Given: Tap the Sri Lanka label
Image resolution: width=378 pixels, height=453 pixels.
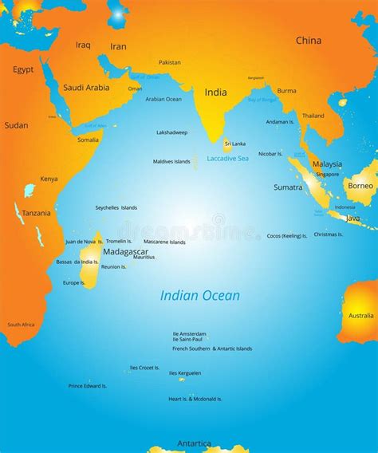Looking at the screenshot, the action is coord(234,144).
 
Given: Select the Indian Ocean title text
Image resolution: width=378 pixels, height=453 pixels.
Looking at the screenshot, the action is coord(199,296).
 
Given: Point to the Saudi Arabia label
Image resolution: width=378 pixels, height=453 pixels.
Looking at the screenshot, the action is coord(86,88).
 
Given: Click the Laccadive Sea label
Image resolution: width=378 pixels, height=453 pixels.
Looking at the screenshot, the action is coord(227,158).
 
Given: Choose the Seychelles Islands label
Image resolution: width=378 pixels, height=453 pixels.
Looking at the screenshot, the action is coord(116,207).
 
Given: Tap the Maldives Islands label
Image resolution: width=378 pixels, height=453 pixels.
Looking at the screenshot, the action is coord(171,161).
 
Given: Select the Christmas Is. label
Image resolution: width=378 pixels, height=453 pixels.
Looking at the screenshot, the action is coord(328,234).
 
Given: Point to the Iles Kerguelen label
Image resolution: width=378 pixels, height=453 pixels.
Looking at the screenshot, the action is coord(187,372).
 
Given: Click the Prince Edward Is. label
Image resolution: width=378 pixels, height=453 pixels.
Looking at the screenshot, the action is coord(87,386).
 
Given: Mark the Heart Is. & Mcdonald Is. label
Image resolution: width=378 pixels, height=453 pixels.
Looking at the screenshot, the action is coord(195,399).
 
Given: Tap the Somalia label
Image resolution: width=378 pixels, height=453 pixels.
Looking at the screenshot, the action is coord(88,140).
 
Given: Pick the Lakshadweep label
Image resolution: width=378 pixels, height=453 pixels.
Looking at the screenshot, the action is coord(171,132).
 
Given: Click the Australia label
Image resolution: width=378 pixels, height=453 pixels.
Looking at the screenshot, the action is coord(361,315).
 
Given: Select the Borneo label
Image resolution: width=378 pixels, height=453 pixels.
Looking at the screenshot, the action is coord(360,186).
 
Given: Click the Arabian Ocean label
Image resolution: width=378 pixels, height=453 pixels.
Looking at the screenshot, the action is coord(163,99).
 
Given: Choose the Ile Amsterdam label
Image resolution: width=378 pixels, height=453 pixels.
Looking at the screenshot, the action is coord(189,333).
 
